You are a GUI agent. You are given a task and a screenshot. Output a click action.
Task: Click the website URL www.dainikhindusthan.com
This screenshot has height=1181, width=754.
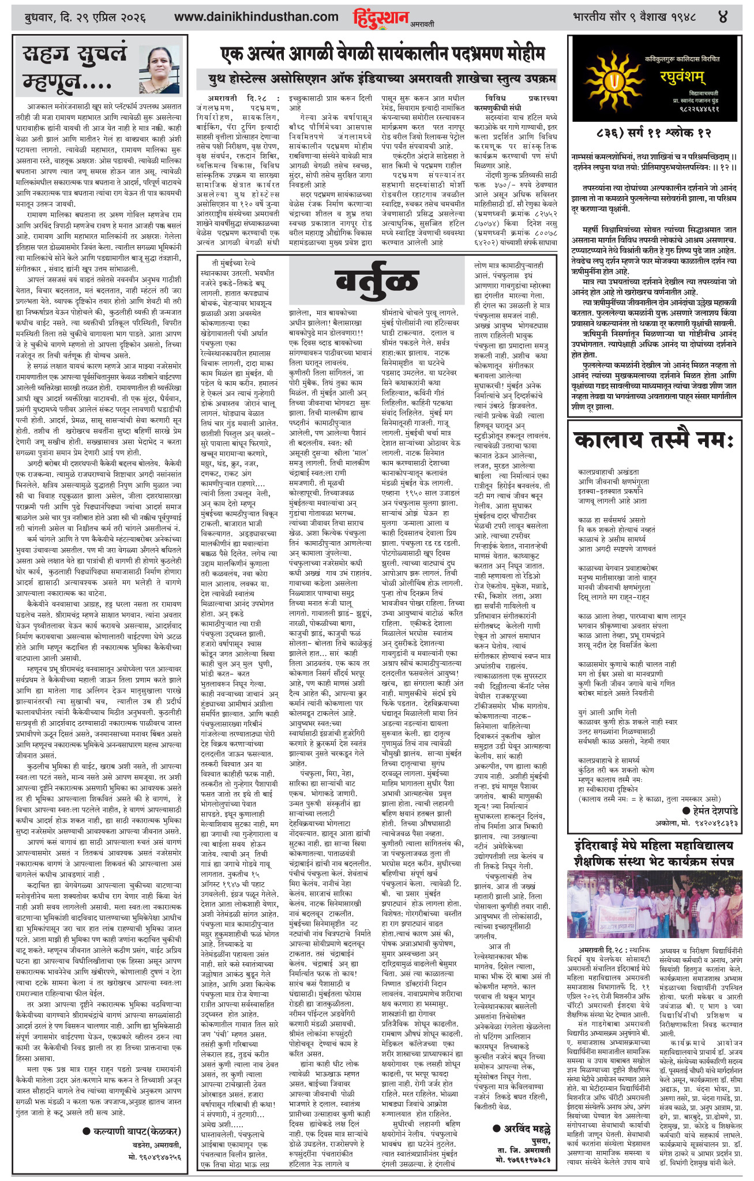click(x=256, y=17)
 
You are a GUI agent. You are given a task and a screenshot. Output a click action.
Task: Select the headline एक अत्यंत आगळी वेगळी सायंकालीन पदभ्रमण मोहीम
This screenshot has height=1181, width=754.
click(x=382, y=55)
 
